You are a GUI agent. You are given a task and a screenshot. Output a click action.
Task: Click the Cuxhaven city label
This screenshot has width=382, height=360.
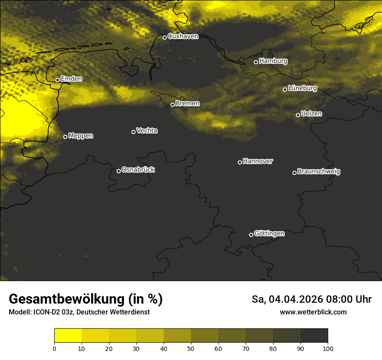pyautogui.click(x=183, y=36)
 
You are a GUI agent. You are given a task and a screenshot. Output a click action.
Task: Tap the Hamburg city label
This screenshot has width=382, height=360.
pyautogui.click(x=273, y=61)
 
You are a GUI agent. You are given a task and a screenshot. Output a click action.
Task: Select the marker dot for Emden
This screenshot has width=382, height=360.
pyautogui.click(x=57, y=80)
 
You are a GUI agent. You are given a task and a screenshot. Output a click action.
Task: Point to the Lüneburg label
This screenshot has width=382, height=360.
pyautogui.click(x=302, y=88)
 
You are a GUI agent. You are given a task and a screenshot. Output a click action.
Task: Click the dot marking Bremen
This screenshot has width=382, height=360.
pyautogui.click(x=172, y=105)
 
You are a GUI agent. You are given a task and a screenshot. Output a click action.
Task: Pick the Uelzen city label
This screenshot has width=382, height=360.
pyautogui.click(x=311, y=114)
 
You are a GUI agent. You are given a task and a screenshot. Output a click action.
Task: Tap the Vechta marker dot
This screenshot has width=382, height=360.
pyautogui.click(x=133, y=132)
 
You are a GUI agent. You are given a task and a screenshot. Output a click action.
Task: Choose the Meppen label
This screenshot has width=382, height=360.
pyautogui.click(x=81, y=136)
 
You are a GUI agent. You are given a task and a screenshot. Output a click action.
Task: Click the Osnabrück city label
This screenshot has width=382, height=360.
pyautogui.click(x=138, y=170)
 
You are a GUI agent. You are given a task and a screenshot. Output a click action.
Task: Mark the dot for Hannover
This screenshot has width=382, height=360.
pyautogui.click(x=240, y=162)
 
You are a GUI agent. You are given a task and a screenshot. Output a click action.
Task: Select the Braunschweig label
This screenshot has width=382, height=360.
pyautogui.click(x=319, y=171)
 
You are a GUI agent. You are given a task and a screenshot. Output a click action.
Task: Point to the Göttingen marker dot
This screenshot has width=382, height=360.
pyautogui.click(x=251, y=235)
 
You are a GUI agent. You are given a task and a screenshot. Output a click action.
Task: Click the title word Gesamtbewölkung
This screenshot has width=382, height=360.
pyautogui.click(x=67, y=299)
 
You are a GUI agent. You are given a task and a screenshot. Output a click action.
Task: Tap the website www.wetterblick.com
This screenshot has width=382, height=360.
pyautogui.click(x=313, y=312)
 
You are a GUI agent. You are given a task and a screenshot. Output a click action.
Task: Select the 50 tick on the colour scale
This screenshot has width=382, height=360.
pyautogui.click(x=191, y=348)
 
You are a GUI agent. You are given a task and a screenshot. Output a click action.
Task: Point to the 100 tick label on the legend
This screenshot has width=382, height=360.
pyautogui.click(x=328, y=348)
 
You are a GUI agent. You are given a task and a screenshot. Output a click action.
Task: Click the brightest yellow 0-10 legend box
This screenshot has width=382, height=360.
pyautogui.click(x=68, y=335)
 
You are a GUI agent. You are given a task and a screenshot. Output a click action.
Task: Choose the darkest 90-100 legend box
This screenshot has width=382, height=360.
pyautogui.click(x=314, y=335)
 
